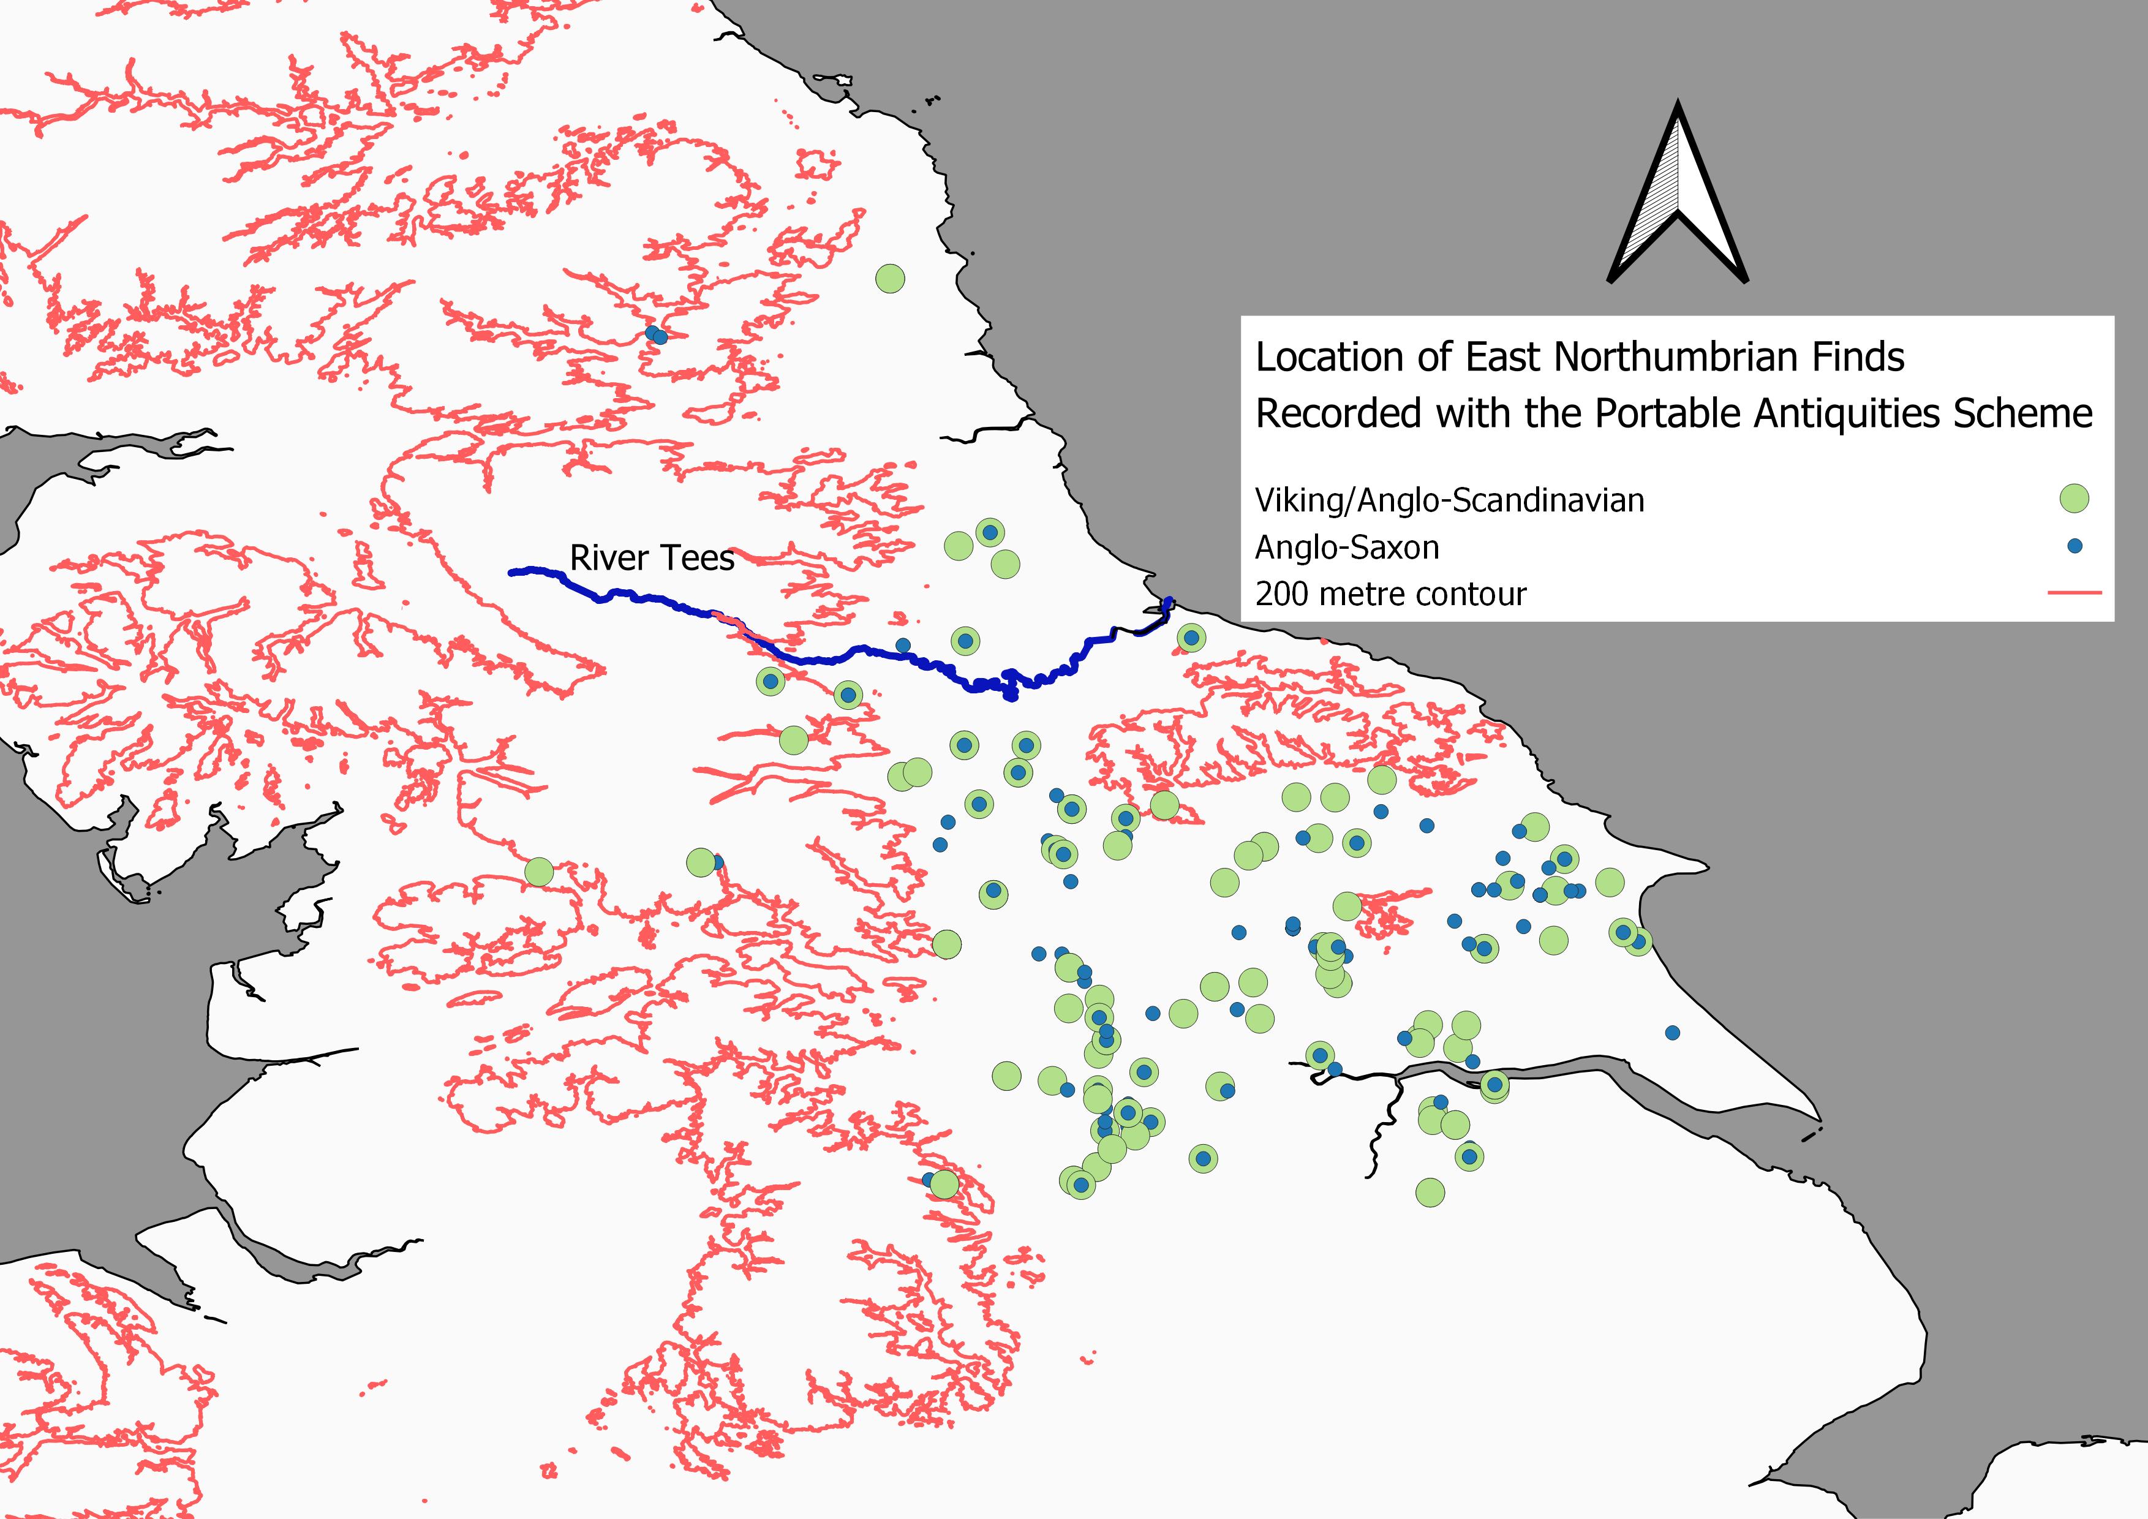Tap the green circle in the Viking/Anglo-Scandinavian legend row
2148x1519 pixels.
click(x=2074, y=499)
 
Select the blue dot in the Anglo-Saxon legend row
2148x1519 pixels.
click(x=2074, y=545)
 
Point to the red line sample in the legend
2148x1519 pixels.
click(x=2074, y=592)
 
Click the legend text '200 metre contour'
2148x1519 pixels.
click(x=1390, y=594)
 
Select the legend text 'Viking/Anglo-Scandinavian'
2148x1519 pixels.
click(x=1449, y=500)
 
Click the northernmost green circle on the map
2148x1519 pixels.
click(x=890, y=278)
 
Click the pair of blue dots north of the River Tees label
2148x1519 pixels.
click(x=656, y=335)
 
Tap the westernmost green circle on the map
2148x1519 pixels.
click(x=538, y=872)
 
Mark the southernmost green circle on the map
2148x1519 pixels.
click(x=1430, y=1192)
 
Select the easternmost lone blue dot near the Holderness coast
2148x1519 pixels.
click(x=1673, y=1033)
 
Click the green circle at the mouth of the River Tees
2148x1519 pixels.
click(x=1190, y=638)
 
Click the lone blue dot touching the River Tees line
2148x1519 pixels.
click(x=903, y=646)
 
